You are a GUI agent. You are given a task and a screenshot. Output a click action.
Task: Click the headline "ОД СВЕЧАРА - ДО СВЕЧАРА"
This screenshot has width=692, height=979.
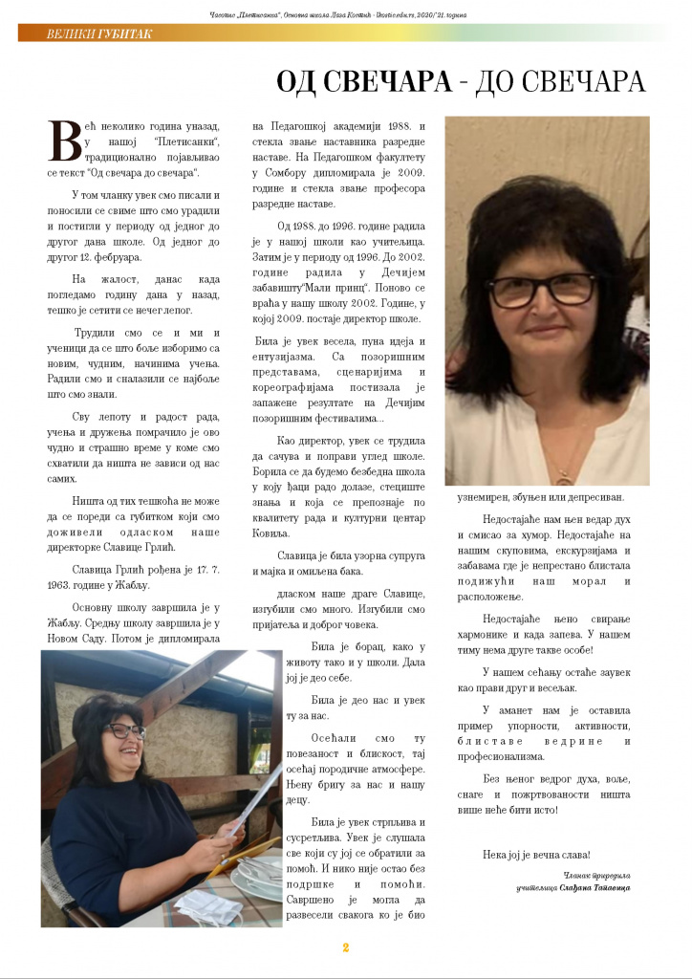coord(461,82)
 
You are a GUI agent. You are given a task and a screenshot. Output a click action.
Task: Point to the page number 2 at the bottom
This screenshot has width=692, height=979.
coord(346,948)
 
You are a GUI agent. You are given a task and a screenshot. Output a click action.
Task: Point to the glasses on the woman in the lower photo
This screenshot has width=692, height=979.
coord(127,731)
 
